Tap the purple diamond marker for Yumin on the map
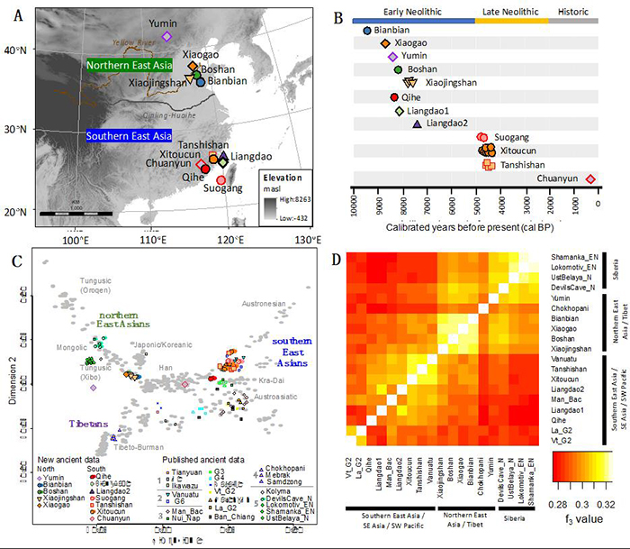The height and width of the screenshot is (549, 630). pos(166,37)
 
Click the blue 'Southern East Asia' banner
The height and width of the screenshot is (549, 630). pos(128,136)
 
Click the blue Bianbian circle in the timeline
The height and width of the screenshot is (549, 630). pos(367,31)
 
